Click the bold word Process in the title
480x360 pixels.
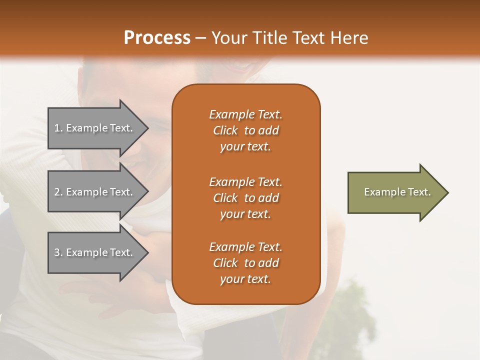pyautogui.click(x=157, y=37)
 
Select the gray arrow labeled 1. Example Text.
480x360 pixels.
pyautogui.click(x=95, y=128)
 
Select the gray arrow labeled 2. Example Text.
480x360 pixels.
pyautogui.click(x=95, y=192)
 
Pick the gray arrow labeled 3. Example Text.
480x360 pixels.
pyautogui.click(x=95, y=252)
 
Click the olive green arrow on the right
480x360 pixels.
pyautogui.click(x=395, y=192)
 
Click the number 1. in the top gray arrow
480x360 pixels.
pyautogui.click(x=58, y=128)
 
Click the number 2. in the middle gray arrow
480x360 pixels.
pyautogui.click(x=58, y=192)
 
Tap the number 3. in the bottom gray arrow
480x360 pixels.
pyautogui.click(x=58, y=252)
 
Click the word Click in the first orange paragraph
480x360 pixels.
pyautogui.click(x=225, y=131)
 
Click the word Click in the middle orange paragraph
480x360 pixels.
pyautogui.click(x=225, y=198)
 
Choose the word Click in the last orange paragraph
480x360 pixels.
pyautogui.click(x=225, y=263)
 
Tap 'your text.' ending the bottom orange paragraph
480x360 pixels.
pyautogui.click(x=245, y=279)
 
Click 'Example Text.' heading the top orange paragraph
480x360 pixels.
pyautogui.click(x=245, y=115)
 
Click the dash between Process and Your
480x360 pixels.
pyautogui.click(x=200, y=38)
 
